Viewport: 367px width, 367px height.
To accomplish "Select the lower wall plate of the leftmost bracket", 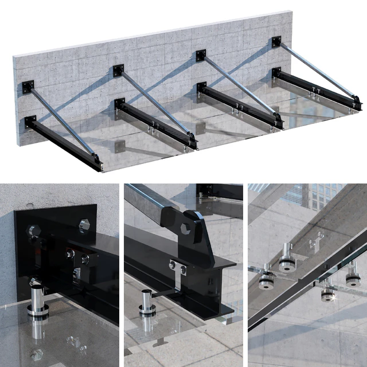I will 30,121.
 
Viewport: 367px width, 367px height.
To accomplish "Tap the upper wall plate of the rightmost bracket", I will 277,42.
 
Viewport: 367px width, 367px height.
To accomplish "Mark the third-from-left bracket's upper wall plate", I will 201,55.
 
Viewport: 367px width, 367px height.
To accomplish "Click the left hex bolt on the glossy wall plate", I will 33,231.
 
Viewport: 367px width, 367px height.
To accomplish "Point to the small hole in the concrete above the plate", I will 26,204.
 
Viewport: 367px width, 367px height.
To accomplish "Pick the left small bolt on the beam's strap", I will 173,265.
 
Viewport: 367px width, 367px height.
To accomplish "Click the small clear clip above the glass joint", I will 313,243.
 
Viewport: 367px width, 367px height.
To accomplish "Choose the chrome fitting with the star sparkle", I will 328,292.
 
